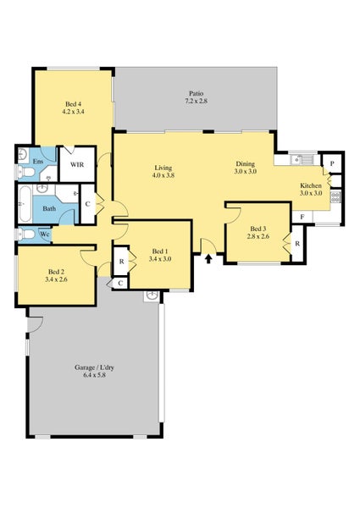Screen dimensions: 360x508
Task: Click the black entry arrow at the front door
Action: [209, 258]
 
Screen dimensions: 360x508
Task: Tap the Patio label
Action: [196, 94]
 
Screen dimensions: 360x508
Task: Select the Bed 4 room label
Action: [73, 104]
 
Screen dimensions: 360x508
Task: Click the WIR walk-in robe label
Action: [77, 164]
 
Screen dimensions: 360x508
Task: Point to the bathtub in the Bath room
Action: [25, 204]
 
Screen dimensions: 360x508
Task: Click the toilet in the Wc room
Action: [25, 234]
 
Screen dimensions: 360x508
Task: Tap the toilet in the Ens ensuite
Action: [25, 171]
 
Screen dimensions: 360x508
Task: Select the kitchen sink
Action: [302, 159]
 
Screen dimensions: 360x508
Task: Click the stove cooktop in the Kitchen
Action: [335, 197]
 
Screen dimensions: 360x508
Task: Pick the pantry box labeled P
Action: [332, 163]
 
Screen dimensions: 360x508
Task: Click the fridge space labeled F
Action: [302, 217]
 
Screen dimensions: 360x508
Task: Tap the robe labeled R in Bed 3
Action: [297, 243]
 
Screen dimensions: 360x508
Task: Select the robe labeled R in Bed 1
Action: [121, 262]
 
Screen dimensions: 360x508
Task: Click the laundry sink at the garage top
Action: [152, 295]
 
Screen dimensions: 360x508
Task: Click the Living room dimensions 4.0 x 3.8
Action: [163, 175]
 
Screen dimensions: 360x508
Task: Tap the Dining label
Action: [246, 163]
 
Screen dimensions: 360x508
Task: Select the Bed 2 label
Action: [56, 272]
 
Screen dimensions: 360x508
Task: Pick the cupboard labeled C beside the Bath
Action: [87, 204]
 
